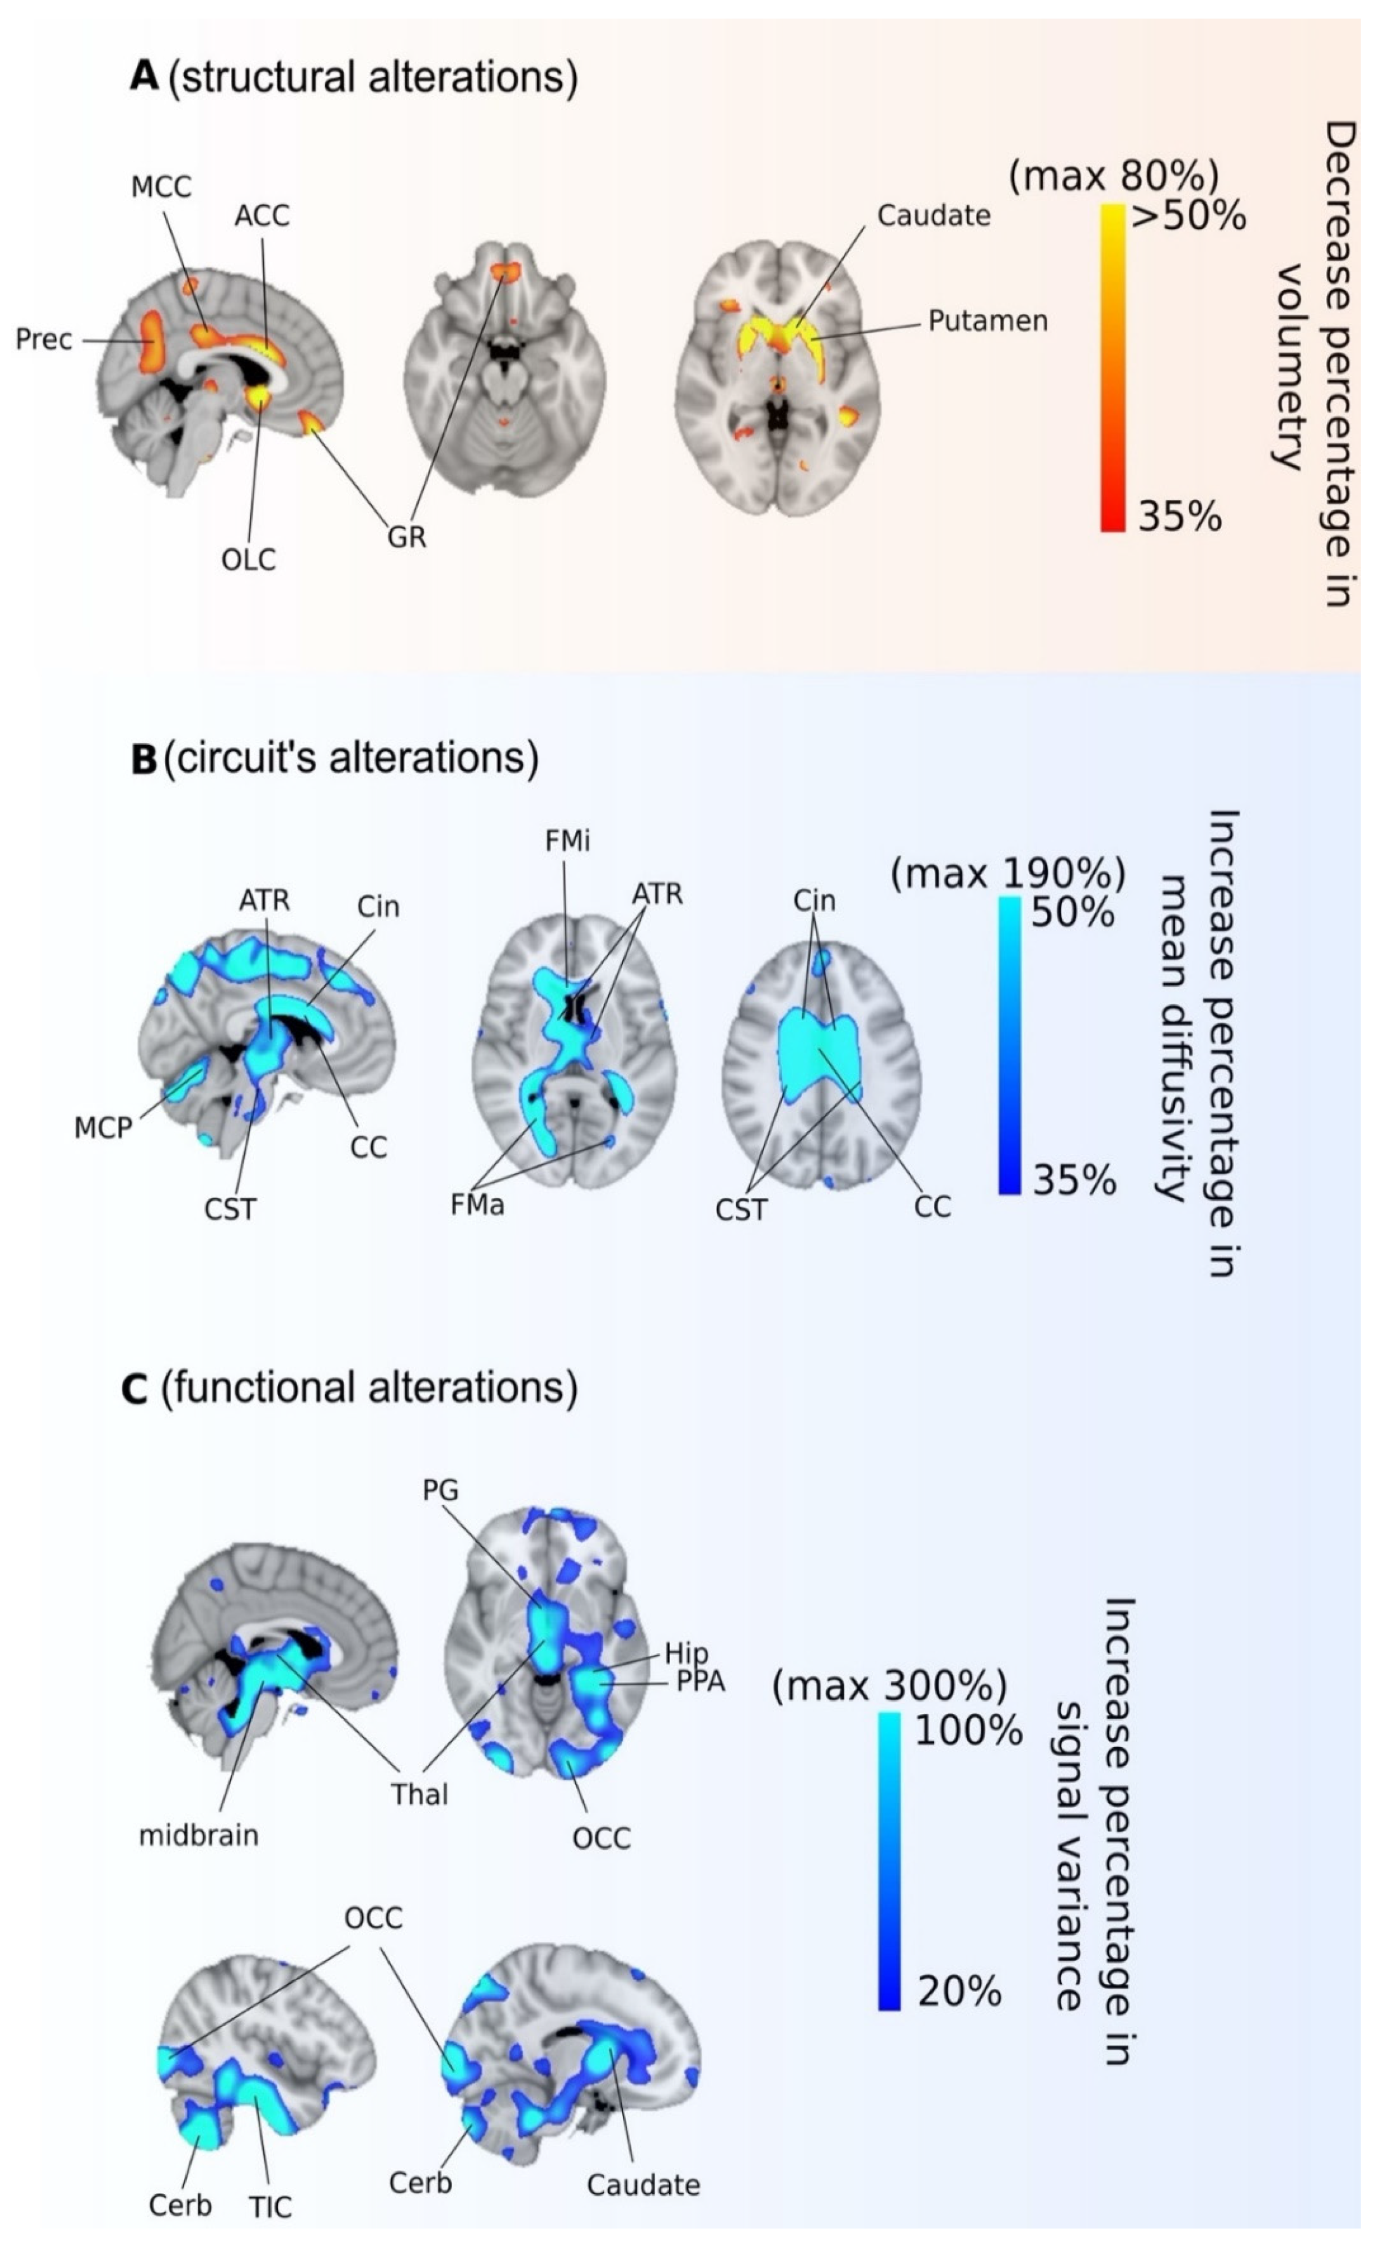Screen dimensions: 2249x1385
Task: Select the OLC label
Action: click(x=248, y=559)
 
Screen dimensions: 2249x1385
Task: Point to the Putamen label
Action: click(x=988, y=322)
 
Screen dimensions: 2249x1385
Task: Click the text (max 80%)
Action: click(x=1113, y=174)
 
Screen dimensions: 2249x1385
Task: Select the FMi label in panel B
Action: click(x=567, y=841)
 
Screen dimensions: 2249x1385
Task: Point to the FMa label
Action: click(x=477, y=1205)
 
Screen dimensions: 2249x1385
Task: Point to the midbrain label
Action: click(x=199, y=1835)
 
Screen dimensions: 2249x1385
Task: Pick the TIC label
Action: click(x=270, y=2207)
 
